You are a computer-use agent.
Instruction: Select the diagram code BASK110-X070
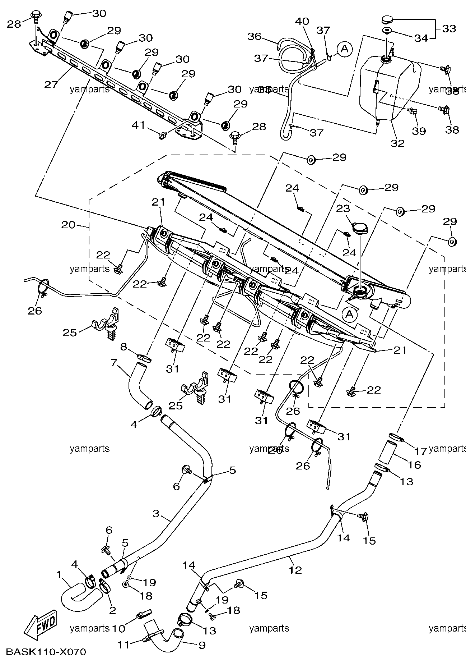point(46,652)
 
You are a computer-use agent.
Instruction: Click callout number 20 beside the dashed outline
point(68,225)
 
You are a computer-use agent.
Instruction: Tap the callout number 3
point(155,513)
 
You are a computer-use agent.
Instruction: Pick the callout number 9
point(202,645)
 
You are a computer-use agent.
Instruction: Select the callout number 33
point(448,29)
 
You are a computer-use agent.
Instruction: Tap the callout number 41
point(139,125)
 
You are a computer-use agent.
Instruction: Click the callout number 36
point(255,36)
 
